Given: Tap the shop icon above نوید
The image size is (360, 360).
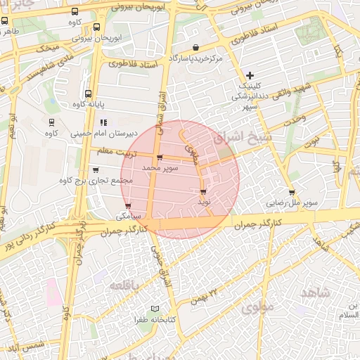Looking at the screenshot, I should (x=203, y=191).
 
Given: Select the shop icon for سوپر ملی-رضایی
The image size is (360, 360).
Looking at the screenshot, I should (x=292, y=193).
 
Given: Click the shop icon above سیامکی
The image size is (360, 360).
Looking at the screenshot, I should (x=127, y=205).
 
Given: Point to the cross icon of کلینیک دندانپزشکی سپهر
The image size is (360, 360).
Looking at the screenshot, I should (x=250, y=75).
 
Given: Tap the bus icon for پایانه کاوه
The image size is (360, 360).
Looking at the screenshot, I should (x=88, y=94).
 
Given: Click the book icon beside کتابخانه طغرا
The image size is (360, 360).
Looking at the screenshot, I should (x=155, y=309).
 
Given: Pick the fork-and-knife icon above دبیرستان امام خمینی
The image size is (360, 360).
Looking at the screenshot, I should (x=103, y=122).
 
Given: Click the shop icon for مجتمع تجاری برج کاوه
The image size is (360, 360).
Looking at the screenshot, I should (x=96, y=170).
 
